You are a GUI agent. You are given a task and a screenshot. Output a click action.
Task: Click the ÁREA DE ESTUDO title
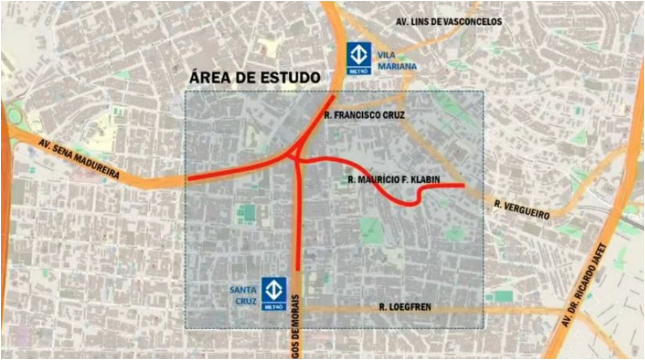coord(255,77)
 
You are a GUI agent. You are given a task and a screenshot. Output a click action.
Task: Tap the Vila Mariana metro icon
coord(359,59)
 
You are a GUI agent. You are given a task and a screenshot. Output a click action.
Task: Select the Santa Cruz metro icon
coord(274,293)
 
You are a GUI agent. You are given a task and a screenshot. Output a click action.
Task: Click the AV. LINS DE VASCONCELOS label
coord(449,22)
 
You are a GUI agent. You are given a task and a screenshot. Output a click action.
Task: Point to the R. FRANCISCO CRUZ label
coord(364,115)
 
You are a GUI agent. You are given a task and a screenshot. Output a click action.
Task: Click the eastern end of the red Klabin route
coord(463,185)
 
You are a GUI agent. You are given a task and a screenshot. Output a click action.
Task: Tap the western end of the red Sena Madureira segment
coord(188,179)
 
